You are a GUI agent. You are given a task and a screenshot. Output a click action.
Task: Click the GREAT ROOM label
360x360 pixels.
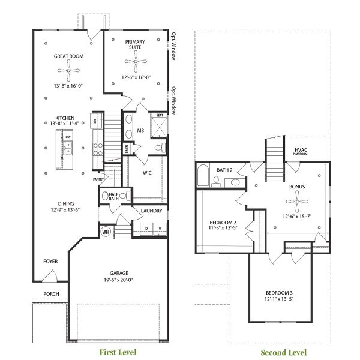[68, 56]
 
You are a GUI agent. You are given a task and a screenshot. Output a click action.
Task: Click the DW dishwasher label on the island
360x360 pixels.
[68, 137]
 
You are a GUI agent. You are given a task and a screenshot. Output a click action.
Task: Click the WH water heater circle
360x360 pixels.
[106, 232]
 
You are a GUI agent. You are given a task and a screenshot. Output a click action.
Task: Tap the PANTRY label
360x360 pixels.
[98, 179]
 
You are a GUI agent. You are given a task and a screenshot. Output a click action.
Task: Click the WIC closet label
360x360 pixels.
[146, 173]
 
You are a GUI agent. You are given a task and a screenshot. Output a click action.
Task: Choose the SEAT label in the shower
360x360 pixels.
[160, 115]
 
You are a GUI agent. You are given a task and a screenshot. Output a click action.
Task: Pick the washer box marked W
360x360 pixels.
[160, 229]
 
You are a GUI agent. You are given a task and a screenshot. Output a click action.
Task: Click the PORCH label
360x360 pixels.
[51, 294]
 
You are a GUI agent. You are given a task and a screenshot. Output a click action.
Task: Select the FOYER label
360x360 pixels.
[50, 262]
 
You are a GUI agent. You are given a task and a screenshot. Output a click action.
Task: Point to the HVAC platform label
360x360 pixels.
[301, 151]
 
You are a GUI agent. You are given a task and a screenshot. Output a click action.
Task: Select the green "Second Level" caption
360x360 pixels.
[283, 352]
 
